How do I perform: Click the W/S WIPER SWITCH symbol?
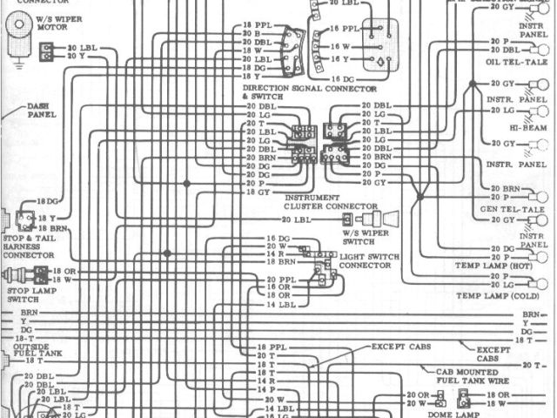click(x=380, y=219)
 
